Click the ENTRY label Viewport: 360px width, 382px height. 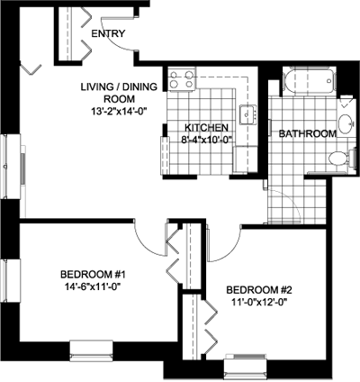point(108,33)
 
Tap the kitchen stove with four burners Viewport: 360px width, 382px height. point(182,78)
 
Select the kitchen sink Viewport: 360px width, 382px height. point(247,114)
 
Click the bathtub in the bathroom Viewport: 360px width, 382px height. point(309,81)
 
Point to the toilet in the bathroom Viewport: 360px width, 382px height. point(341,159)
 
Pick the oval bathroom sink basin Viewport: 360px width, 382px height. point(345,123)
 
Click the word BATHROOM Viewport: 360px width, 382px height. point(308,133)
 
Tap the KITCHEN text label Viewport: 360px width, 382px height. point(206,128)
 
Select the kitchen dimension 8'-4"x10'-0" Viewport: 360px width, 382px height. point(207,140)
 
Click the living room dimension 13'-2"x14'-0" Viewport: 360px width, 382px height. point(120,112)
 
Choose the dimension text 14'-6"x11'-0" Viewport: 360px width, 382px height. point(93,286)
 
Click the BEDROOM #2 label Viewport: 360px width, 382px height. point(259,290)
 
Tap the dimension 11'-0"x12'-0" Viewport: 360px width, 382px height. point(257,302)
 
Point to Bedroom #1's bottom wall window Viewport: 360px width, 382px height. point(91,350)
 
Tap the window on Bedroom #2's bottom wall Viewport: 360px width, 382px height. point(246,364)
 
